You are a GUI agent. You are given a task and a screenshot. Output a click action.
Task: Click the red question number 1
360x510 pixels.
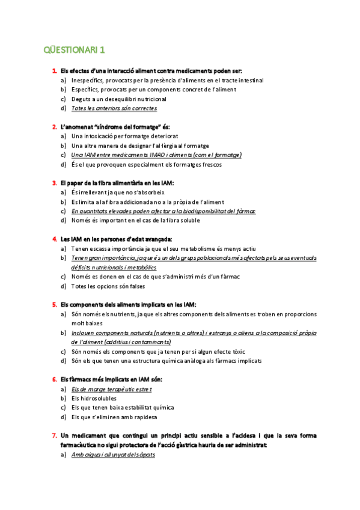pos(55,71)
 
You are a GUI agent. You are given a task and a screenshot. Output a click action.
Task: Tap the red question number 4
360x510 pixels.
pos(55,239)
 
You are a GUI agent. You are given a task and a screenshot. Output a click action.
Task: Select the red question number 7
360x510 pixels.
pos(55,435)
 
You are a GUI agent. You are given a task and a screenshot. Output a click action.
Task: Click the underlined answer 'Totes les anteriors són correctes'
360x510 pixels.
pos(114,108)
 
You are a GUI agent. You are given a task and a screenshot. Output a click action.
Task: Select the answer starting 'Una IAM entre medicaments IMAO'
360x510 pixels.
pos(156,155)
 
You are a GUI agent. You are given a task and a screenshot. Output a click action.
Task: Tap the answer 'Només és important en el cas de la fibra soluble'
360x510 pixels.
pos(135,220)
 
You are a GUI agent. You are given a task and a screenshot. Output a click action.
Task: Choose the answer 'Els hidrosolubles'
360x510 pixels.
pos(94,398)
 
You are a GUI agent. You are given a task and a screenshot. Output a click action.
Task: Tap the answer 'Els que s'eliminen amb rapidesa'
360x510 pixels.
pos(114,416)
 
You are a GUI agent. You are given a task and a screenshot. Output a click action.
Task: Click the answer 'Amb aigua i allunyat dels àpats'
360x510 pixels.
pos(112,455)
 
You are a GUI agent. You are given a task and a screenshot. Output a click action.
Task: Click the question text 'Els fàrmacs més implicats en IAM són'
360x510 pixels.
pos(111,379)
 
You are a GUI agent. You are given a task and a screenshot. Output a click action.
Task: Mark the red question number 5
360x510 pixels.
pos(55,304)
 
